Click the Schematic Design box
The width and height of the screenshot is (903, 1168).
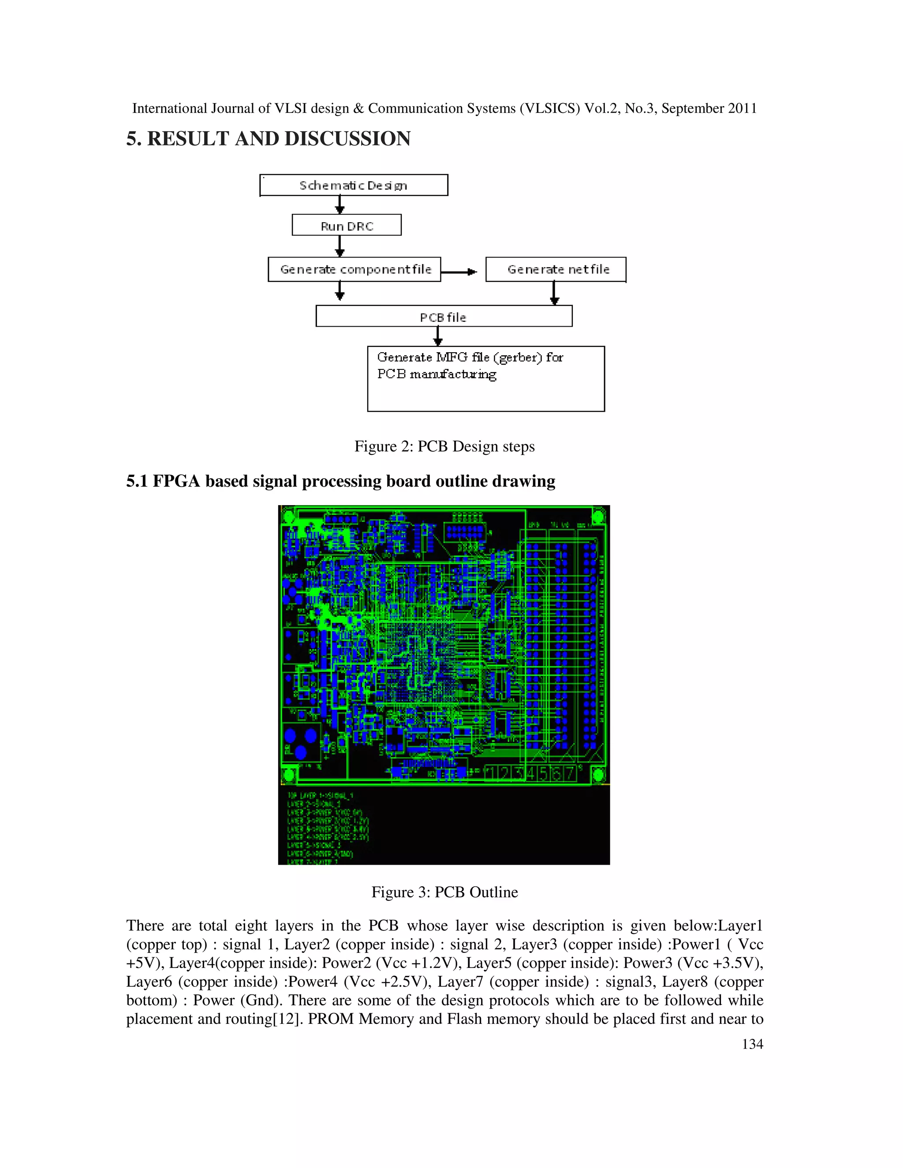[x=354, y=185]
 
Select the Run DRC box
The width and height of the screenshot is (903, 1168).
[x=347, y=225]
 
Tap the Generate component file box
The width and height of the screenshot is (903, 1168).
[x=354, y=269]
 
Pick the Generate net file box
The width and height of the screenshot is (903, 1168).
[x=556, y=269]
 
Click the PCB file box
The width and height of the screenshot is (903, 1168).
[x=444, y=316]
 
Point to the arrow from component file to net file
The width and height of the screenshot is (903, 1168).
[x=459, y=272]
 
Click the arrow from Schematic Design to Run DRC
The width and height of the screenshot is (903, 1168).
[x=340, y=205]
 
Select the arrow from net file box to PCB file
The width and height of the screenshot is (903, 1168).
[x=555, y=293]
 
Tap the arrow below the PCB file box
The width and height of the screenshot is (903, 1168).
[x=437, y=336]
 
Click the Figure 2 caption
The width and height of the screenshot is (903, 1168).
[x=444, y=446]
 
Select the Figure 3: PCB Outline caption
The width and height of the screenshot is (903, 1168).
[x=444, y=892]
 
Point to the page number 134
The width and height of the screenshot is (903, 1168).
[x=752, y=1044]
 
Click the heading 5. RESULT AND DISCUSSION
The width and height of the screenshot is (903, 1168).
[x=269, y=138]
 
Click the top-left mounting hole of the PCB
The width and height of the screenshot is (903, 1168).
[x=288, y=516]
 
